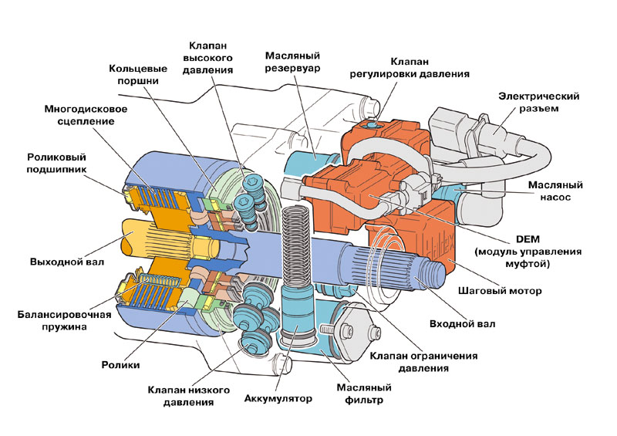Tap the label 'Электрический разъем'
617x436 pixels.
538,102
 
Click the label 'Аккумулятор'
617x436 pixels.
278,399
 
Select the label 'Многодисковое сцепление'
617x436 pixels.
86,115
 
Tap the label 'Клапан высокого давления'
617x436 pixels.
208,56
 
